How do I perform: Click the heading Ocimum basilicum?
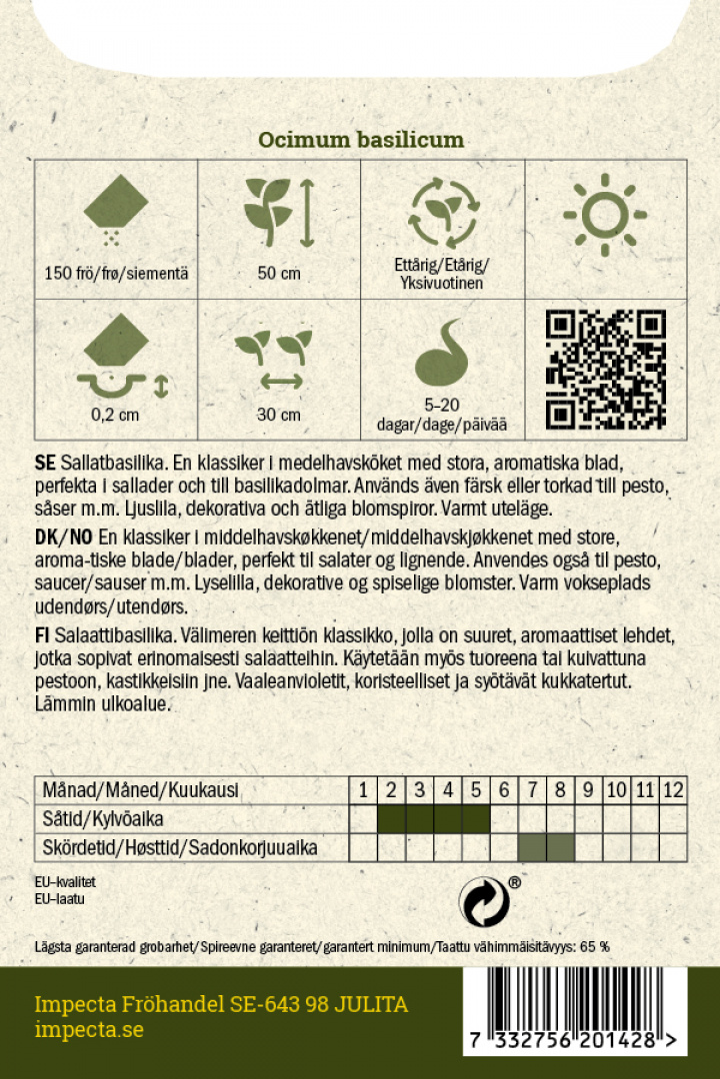(x=361, y=141)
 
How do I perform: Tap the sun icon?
(x=605, y=214)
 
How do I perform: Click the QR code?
(x=606, y=369)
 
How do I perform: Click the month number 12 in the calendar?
(x=673, y=790)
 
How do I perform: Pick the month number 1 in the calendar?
(x=364, y=790)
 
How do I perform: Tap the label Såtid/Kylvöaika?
(x=103, y=819)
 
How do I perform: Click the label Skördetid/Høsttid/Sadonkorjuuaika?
(x=180, y=848)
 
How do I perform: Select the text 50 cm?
(x=279, y=273)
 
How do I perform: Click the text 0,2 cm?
(x=116, y=415)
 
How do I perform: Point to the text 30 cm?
(x=279, y=415)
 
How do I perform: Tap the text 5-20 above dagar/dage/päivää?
(x=443, y=408)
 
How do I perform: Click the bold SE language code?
(x=44, y=464)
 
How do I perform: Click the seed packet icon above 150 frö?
(x=116, y=207)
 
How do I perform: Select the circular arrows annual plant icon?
(x=443, y=212)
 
